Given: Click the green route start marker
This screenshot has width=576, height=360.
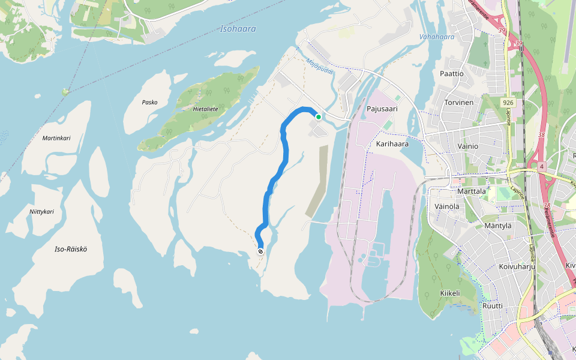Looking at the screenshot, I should [x=319, y=116].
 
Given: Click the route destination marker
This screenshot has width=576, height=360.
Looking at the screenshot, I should [x=260, y=251].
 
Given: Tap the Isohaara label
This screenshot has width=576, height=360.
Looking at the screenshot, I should [x=238, y=29].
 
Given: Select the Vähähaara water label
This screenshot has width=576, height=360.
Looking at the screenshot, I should [x=437, y=37].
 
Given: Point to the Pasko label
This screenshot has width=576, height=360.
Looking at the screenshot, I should [x=149, y=102].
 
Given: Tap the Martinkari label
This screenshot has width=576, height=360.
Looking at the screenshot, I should [x=56, y=138].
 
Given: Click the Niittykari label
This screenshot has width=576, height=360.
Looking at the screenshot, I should [x=42, y=212].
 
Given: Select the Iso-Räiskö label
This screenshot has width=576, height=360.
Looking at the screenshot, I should [x=71, y=248].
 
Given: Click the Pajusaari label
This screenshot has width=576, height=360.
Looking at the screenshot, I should [x=382, y=109].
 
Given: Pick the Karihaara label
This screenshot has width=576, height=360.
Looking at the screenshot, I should [x=392, y=144].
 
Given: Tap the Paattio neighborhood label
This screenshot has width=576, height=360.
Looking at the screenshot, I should [x=452, y=74].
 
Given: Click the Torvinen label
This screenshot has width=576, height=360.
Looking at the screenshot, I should [x=459, y=103].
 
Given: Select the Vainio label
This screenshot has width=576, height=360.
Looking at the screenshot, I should [x=467, y=146].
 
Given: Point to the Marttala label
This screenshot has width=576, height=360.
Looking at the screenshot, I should [x=472, y=191].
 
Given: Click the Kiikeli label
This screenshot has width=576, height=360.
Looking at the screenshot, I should [x=449, y=293].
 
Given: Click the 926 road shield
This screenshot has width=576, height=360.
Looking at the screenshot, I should [x=509, y=103].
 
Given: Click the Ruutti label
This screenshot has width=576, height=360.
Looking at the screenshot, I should [x=493, y=305].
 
